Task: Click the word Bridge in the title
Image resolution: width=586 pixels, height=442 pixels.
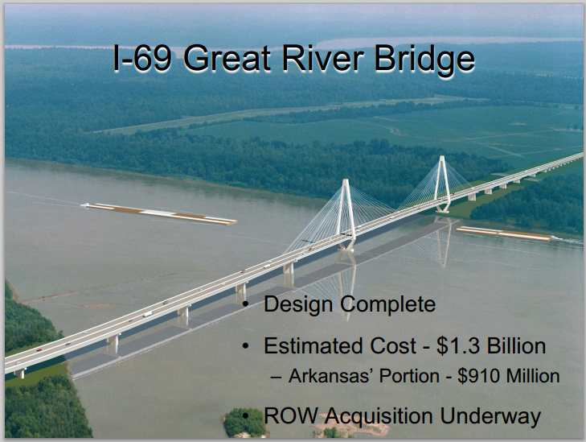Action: tap(424, 60)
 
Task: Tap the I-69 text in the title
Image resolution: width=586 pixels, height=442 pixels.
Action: tap(142, 58)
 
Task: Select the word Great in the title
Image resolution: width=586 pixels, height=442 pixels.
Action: tap(227, 58)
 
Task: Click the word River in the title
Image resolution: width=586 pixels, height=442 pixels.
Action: tap(322, 58)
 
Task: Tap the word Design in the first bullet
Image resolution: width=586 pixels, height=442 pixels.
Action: tap(298, 304)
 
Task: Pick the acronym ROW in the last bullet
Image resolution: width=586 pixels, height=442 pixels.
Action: tap(291, 415)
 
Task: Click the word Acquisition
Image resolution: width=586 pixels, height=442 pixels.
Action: tap(379, 416)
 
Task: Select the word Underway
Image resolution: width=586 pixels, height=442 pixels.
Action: tap(490, 416)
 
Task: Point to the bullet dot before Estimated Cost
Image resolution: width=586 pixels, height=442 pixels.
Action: tap(245, 346)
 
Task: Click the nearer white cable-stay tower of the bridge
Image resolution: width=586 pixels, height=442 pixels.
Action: tap(346, 219)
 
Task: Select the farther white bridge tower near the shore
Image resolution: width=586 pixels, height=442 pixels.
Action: tap(442, 184)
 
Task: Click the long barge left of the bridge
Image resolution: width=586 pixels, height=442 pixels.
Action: tap(159, 213)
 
